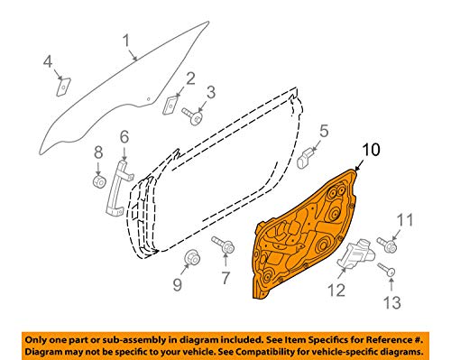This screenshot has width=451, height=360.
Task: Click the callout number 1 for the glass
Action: pyautogui.click(x=127, y=41)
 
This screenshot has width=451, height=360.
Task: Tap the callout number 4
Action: pyautogui.click(x=48, y=62)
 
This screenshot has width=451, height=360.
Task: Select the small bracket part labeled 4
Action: pyautogui.click(x=63, y=87)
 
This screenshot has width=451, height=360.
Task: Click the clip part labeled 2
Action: pyautogui.click(x=170, y=106)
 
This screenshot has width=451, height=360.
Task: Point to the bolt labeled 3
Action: pyautogui.click(x=193, y=116)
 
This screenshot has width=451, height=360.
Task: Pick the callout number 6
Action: pyautogui.click(x=124, y=137)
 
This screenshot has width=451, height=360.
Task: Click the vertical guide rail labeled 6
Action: pyautogui.click(x=118, y=188)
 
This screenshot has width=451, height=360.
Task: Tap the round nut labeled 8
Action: pyautogui.click(x=99, y=181)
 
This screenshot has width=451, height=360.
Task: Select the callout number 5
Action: pyautogui.click(x=324, y=132)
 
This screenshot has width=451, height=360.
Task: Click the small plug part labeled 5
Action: pyautogui.click(x=305, y=158)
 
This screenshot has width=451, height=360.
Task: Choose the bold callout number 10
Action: pyautogui.click(x=372, y=150)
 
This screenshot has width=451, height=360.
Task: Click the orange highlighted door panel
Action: pyautogui.click(x=304, y=235)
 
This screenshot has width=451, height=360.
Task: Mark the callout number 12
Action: pyautogui.click(x=336, y=291)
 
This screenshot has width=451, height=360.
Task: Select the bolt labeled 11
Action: pyautogui.click(x=387, y=245)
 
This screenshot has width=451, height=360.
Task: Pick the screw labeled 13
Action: pyautogui.click(x=386, y=269)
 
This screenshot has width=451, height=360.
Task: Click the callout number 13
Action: pyautogui.click(x=392, y=302)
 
